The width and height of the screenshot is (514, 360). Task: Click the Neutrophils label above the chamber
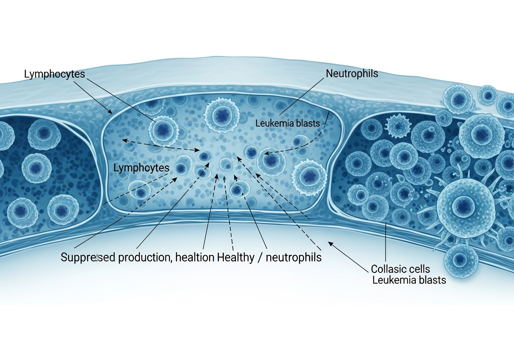coord(352,74)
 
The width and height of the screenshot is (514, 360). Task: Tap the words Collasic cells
coord(400,269)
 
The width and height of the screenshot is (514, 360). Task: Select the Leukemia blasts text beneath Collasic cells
coord(409,280)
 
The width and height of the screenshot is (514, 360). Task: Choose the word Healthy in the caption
coord(236,257)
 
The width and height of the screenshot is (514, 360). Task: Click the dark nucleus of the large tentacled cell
coord(460,206)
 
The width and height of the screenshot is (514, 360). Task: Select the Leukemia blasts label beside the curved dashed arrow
coord(288,123)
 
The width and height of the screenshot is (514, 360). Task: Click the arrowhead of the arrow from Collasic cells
coord(330,243)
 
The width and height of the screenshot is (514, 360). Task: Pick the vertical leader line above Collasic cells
coord(385,243)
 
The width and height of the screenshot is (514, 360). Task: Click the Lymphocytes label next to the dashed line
coord(141,168)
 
